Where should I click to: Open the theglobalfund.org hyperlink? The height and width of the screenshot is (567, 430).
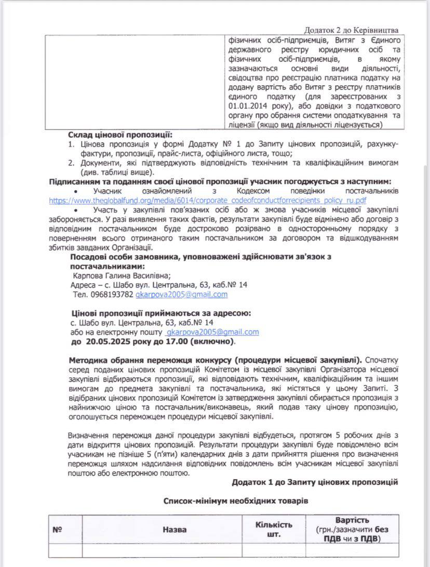click(208, 200)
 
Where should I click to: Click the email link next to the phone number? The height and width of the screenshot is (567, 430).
click(181, 295)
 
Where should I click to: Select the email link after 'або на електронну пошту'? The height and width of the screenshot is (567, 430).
click(212, 332)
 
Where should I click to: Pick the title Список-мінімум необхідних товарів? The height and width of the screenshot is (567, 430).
click(236, 501)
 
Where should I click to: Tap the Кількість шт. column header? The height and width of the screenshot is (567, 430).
click(274, 529)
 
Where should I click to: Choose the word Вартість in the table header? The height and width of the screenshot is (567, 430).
click(352, 520)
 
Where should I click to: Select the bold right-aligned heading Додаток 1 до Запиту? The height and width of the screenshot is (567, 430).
click(315, 482)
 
